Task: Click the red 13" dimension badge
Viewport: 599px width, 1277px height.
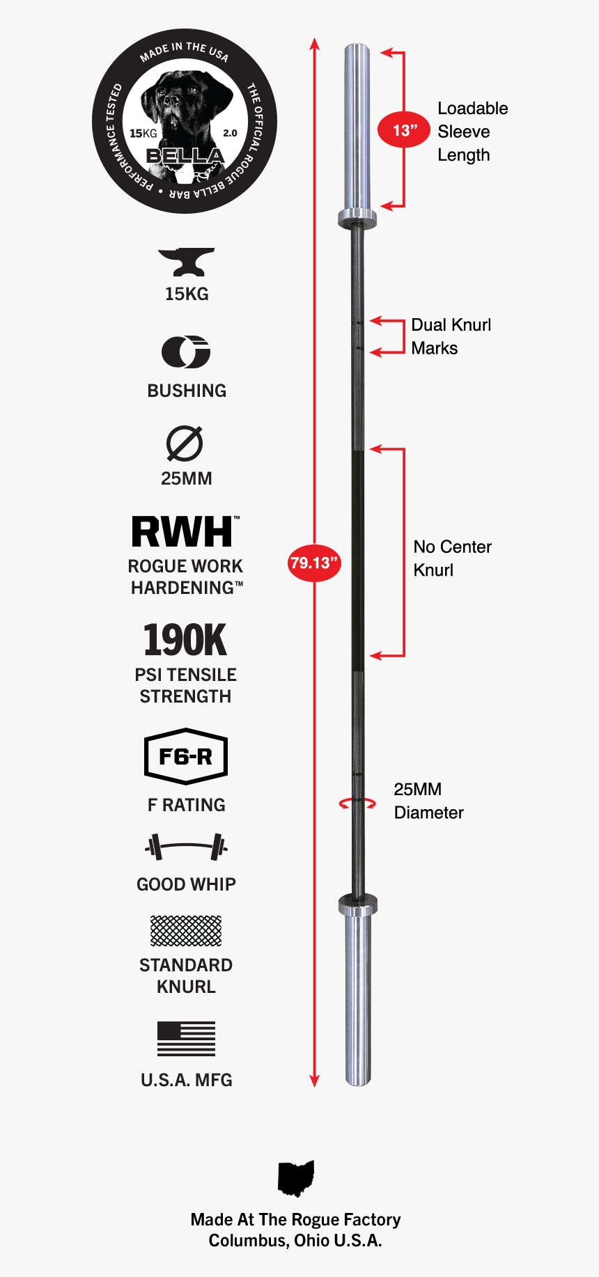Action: [404, 130]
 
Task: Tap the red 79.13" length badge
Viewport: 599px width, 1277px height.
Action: [314, 563]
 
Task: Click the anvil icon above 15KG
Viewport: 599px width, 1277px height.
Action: [186, 262]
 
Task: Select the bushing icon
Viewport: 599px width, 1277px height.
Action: [186, 352]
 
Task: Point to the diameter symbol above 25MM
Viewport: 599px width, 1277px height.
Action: [185, 444]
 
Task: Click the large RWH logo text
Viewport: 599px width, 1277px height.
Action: [183, 533]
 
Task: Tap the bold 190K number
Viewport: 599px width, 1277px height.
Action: [185, 640]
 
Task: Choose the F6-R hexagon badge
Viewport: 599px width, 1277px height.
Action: [186, 756]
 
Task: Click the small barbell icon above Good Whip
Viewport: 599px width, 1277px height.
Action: [186, 847]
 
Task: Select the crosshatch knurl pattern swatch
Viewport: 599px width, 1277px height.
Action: [186, 931]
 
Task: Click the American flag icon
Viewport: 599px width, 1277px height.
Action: [186, 1039]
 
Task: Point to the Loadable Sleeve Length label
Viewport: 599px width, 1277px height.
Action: [472, 132]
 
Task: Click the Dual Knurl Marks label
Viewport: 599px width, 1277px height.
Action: [451, 336]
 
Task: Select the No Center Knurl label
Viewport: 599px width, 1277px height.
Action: [452, 558]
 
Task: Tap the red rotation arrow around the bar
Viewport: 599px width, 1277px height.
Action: [357, 804]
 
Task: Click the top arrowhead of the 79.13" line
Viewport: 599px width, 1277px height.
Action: [315, 44]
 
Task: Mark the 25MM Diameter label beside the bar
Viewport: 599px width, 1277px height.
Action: [428, 801]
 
